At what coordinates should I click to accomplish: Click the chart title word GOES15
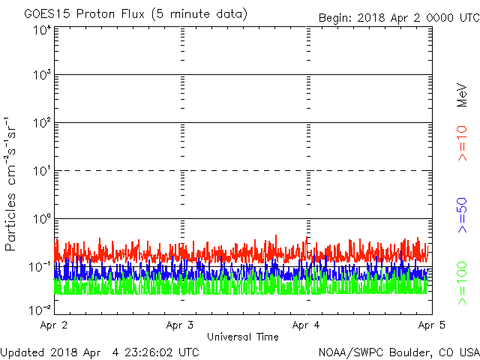[x=47, y=14]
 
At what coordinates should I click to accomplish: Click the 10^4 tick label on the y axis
[x=43, y=31]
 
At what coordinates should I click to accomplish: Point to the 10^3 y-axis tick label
[x=43, y=74]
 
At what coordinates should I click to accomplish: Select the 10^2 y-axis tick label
[x=43, y=123]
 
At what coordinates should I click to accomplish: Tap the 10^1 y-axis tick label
[x=43, y=171]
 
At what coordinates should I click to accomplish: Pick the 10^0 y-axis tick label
[x=43, y=219]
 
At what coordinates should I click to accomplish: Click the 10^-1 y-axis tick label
[x=40, y=267]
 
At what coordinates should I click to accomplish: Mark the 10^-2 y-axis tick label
[x=40, y=310]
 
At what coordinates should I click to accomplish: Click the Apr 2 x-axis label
[x=53, y=325]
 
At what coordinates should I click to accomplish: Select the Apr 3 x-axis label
[x=180, y=325]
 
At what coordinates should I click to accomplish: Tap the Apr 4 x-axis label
[x=306, y=325]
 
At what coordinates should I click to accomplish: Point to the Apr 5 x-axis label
[x=432, y=325]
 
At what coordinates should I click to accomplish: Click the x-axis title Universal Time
[x=243, y=337]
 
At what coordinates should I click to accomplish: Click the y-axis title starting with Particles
[x=10, y=184]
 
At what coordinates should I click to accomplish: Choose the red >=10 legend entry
[x=462, y=143]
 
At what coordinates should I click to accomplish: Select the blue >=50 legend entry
[x=462, y=215]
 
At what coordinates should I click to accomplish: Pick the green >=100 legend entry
[x=462, y=283]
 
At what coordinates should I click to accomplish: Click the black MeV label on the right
[x=462, y=95]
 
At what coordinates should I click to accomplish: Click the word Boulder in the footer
[x=410, y=352]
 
